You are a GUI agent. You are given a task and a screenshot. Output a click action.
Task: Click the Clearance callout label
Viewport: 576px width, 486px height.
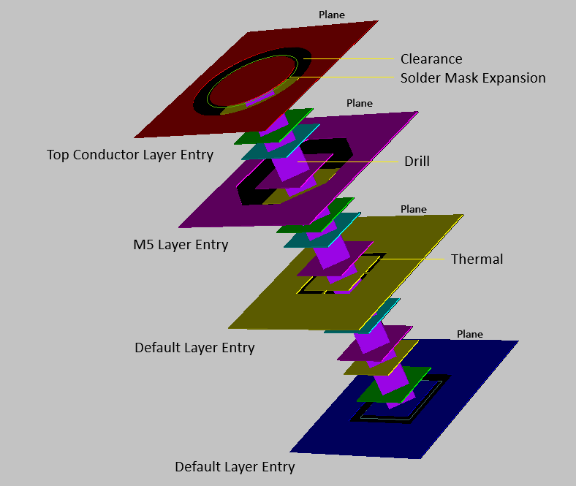pos(431,58)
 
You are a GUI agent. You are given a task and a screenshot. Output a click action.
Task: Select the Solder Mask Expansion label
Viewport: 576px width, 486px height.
pos(473,78)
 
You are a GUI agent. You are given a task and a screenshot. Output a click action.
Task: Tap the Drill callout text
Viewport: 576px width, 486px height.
pos(417,162)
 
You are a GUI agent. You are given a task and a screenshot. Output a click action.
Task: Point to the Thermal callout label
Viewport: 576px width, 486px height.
pos(477,259)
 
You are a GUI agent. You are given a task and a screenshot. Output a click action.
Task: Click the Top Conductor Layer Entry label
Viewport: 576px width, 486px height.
pos(130,155)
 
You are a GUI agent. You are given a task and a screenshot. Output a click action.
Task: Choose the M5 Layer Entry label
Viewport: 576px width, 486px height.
pos(181,245)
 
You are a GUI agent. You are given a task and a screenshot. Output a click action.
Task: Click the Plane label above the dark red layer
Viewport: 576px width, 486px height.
pos(332,15)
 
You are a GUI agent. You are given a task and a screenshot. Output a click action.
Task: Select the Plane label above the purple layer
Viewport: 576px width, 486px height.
pos(360,103)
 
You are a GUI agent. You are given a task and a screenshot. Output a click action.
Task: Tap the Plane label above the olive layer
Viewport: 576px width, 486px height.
pos(414,209)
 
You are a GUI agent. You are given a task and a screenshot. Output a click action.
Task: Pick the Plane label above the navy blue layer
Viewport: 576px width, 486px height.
pos(470,334)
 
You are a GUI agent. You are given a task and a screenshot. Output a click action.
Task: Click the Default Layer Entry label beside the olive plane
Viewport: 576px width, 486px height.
pos(194,348)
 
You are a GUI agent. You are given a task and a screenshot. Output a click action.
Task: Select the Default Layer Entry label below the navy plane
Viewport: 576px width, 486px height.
pos(235,467)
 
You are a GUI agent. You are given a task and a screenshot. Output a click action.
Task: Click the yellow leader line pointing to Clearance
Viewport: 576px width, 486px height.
pos(348,58)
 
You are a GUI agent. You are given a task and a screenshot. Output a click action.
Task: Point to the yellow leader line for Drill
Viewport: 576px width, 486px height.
pos(347,162)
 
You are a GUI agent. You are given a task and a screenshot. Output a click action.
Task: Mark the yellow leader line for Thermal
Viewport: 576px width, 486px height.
pos(412,259)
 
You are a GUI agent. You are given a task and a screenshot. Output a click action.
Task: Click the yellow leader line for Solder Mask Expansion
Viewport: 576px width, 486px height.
pos(345,77)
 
